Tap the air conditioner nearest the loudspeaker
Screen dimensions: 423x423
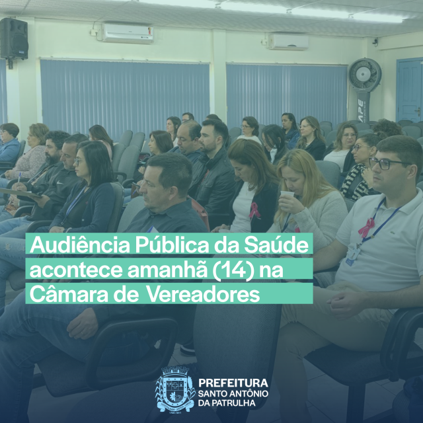point(128,33)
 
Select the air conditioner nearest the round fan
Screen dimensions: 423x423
point(288,42)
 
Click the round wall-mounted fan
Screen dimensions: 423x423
point(365,74)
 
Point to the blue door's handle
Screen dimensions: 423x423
point(418,111)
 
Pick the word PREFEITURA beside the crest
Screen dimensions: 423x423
point(233,383)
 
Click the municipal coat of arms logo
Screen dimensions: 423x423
point(175,389)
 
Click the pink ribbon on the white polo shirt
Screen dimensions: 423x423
point(366,227)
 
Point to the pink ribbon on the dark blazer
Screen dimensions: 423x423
point(254,210)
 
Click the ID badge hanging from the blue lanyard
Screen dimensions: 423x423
point(352,255)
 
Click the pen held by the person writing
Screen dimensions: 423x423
point(19,178)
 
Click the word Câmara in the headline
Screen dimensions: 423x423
point(70,295)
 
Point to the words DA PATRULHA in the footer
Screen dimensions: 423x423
point(227,403)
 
